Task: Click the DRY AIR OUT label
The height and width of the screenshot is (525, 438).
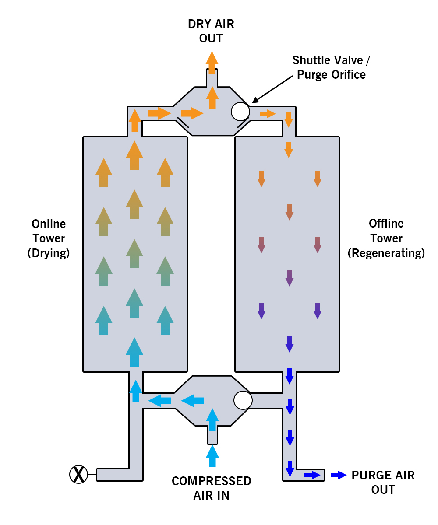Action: (x=211, y=31)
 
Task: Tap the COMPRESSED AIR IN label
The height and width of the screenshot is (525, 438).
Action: (x=212, y=488)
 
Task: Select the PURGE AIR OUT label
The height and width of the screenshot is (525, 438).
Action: (x=383, y=482)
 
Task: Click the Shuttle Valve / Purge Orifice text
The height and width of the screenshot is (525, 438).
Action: (x=331, y=67)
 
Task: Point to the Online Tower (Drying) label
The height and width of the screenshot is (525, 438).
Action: (x=49, y=238)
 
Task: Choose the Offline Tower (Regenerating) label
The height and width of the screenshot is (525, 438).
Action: (x=386, y=238)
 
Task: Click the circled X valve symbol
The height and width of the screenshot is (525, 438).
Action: (x=79, y=474)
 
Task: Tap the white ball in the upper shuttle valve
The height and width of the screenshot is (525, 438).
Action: (x=240, y=111)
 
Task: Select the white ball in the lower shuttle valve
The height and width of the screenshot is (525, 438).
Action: (x=243, y=400)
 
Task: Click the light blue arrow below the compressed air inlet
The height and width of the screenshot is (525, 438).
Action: (x=212, y=456)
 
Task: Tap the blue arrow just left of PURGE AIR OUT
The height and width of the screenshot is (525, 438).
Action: (x=339, y=475)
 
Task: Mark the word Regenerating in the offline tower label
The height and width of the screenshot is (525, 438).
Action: (x=386, y=253)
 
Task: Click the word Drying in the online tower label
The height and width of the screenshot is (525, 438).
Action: (x=49, y=253)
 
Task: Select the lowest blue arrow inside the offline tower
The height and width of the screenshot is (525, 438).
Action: (x=289, y=344)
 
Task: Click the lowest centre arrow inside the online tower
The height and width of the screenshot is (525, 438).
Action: (x=134, y=352)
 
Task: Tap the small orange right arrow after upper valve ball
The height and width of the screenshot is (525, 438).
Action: (x=267, y=114)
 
